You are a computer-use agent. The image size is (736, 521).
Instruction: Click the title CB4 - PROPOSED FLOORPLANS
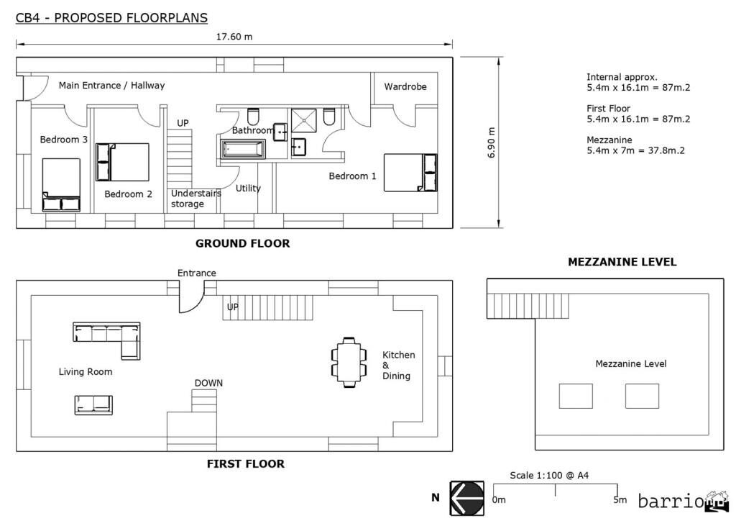coord(111,17)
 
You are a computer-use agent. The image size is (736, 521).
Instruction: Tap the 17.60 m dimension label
coord(234,37)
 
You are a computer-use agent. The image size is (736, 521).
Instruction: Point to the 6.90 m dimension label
coord(492,143)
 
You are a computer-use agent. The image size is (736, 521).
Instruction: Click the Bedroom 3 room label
coord(63,140)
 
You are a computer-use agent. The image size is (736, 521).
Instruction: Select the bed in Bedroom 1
coord(410,173)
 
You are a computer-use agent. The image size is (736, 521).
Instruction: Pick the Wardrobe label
coord(405,86)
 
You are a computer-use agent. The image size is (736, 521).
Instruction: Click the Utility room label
coord(248,189)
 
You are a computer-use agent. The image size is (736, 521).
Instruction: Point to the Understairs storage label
coord(195,199)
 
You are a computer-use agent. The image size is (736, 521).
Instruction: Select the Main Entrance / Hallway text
coord(111,86)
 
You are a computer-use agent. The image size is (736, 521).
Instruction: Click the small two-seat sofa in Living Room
coord(93,405)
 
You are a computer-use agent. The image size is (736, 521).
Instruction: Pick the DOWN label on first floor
coord(208,383)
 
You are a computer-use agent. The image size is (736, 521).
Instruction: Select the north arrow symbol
coord(467,498)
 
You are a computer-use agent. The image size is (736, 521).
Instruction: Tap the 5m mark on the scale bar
coord(619,499)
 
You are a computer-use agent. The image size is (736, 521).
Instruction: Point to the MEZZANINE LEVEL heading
coord(622,262)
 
